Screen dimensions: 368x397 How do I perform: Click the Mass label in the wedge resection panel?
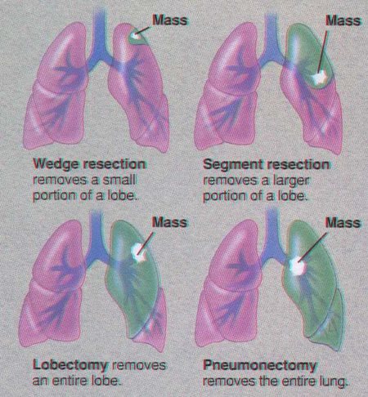pos(169,20)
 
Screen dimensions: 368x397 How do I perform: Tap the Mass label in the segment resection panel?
pos(343,20)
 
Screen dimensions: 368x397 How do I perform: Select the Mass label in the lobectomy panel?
pos(169,222)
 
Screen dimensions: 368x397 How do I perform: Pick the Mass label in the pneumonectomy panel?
pos(343,222)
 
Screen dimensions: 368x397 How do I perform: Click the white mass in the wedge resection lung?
pos(135,35)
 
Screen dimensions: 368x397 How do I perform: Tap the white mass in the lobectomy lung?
pos(139,253)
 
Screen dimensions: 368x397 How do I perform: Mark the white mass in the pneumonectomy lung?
pos(297,266)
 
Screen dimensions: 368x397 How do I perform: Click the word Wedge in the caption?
pos(56,165)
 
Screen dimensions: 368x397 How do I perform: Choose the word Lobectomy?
pos(70,366)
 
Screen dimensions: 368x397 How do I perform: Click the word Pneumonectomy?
pos(259,366)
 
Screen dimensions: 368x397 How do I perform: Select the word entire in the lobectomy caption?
pos(66,381)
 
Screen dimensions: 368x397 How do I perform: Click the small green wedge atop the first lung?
pos(137,36)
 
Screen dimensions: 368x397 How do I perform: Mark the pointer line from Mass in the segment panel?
pos(323,51)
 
